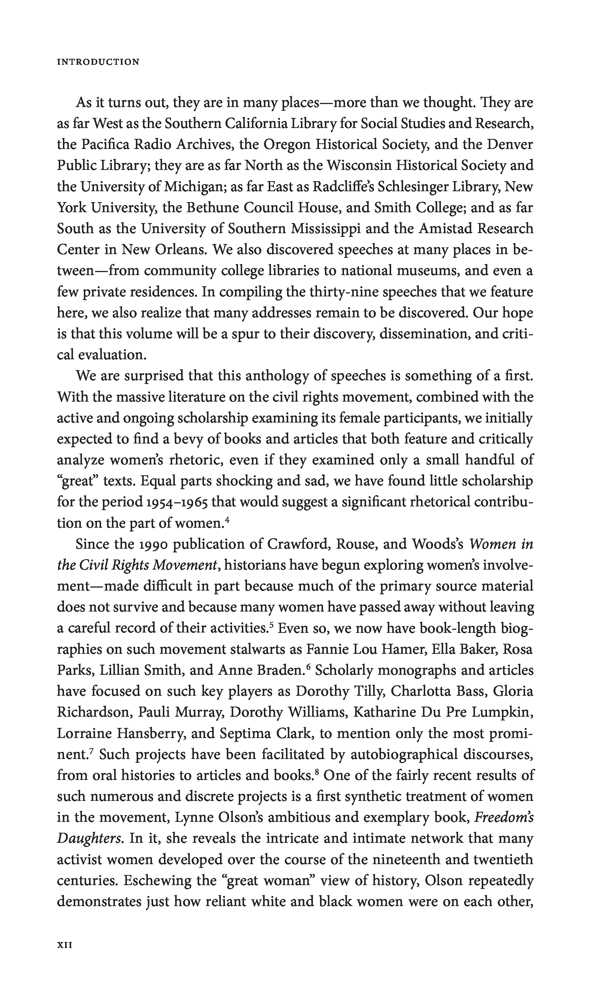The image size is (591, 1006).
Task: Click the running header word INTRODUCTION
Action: [98, 62]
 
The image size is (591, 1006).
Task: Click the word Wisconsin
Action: [359, 165]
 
